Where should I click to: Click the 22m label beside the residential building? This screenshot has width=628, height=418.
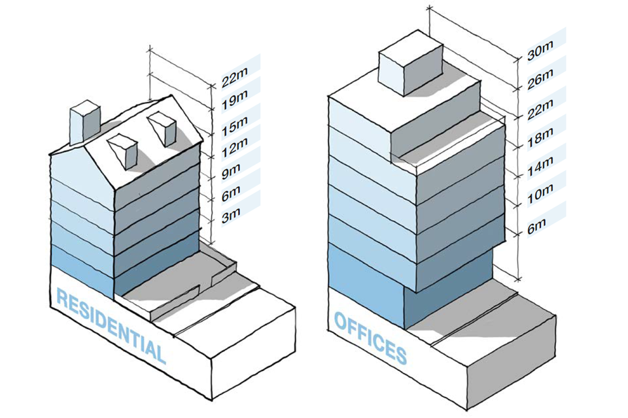click(x=234, y=82)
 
